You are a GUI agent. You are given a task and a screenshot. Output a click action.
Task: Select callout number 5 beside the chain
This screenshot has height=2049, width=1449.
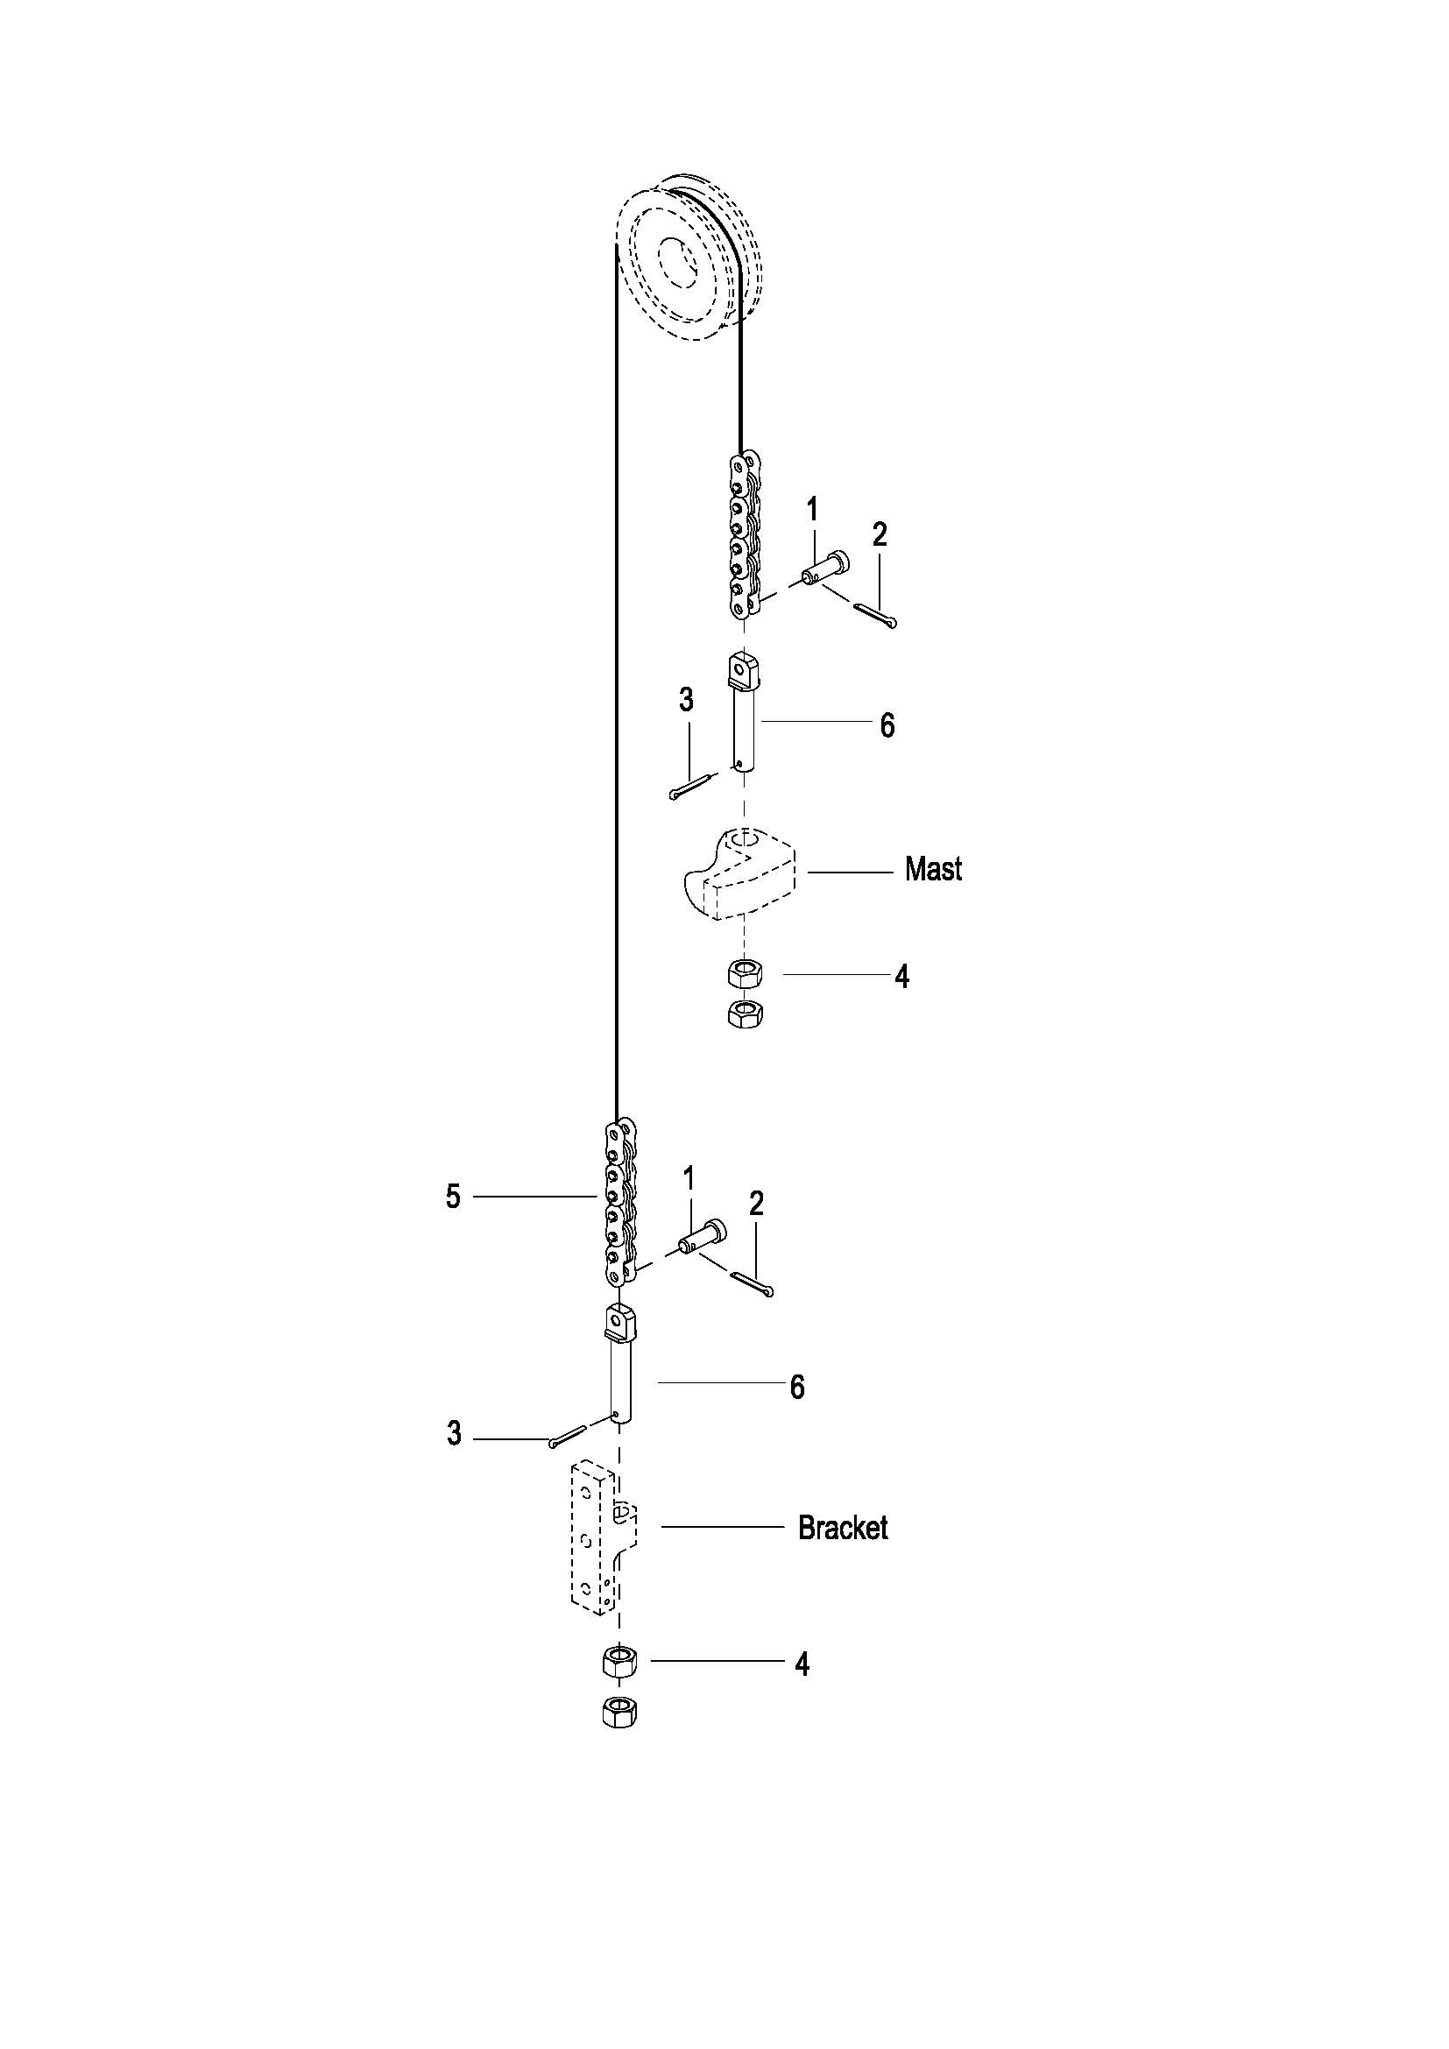point(453,1197)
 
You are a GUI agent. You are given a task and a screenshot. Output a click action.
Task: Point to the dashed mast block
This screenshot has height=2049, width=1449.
point(739,873)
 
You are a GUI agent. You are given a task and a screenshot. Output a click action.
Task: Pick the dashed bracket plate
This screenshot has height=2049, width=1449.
point(604,1538)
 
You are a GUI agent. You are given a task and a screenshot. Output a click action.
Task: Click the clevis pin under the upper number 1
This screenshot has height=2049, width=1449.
point(825,569)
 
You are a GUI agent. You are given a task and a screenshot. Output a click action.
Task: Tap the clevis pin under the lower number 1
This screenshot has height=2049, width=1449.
point(703,1236)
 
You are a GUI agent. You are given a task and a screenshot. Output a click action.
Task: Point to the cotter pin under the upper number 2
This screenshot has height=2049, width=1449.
point(874,617)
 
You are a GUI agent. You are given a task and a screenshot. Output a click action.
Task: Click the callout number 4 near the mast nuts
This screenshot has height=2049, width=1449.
point(902,978)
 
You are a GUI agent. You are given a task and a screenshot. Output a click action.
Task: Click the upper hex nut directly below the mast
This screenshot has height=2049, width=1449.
point(745,972)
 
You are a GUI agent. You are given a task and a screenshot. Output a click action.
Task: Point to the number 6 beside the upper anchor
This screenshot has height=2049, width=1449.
point(887,725)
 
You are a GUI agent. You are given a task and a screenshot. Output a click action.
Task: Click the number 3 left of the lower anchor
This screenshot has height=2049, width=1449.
point(454,1434)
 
